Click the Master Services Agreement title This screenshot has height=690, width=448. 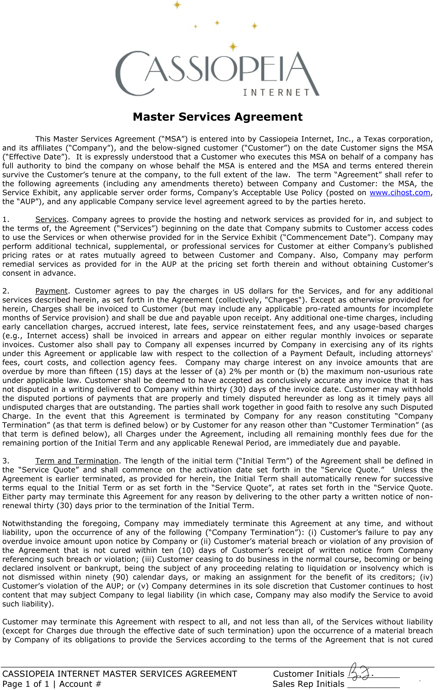218,117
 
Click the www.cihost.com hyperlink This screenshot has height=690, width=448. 400,193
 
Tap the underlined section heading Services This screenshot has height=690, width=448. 51,219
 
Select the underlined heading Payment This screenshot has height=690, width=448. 51,291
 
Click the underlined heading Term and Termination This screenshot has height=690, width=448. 77,461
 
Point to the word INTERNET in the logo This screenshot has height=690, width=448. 276,92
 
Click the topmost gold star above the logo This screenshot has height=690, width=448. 177,5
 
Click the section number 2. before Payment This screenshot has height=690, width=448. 6,291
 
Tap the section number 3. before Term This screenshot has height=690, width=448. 6,461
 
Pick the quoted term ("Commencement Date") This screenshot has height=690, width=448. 328,238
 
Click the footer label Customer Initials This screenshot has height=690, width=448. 308,674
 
